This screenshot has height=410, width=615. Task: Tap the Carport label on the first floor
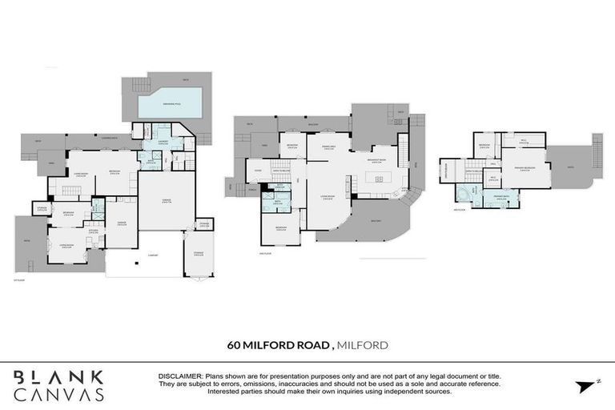pyautogui.click(x=152, y=255)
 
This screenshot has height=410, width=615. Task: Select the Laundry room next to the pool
pyautogui.click(x=163, y=141)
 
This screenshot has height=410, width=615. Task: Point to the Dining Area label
pyautogui.click(x=328, y=147)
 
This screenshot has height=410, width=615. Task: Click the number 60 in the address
pyautogui.click(x=233, y=345)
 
